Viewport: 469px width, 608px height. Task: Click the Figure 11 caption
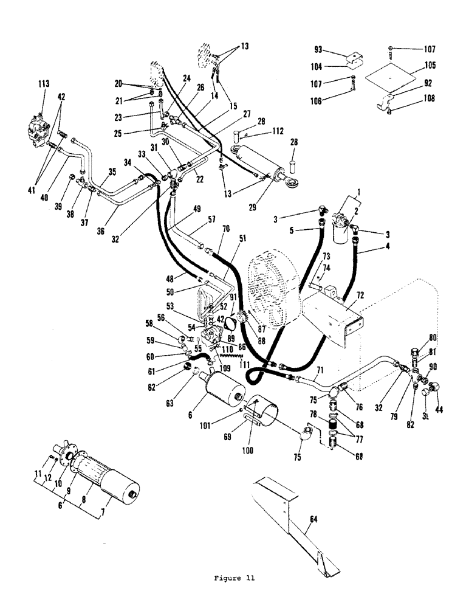234,578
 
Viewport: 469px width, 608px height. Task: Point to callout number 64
311,520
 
